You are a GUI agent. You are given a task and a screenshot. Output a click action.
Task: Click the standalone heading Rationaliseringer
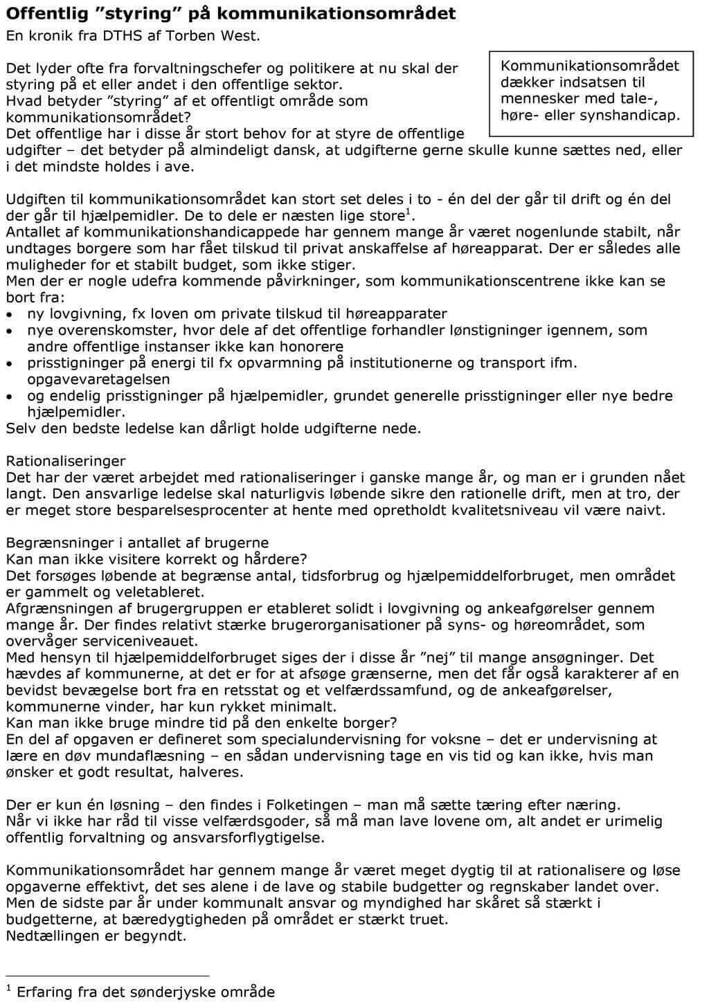[x=66, y=461]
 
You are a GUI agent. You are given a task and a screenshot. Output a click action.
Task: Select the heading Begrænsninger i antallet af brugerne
[x=137, y=543]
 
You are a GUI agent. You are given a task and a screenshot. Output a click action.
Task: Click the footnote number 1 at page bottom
[x=9, y=987]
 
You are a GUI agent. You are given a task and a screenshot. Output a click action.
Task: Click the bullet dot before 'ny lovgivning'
[x=9, y=314]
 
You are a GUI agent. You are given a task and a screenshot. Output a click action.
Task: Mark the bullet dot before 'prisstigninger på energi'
[x=9, y=363]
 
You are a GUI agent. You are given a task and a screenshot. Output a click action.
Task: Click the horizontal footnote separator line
[x=107, y=974]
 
